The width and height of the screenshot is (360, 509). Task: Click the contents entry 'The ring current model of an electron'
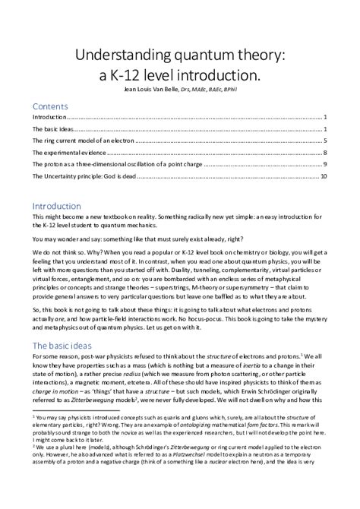[x=83, y=141]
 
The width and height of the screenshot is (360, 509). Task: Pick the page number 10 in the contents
[x=323, y=176]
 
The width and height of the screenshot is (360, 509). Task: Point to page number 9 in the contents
[x=324, y=165]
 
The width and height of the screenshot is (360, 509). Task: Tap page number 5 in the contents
[x=324, y=141]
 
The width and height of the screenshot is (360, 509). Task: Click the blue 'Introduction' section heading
[x=56, y=206]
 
